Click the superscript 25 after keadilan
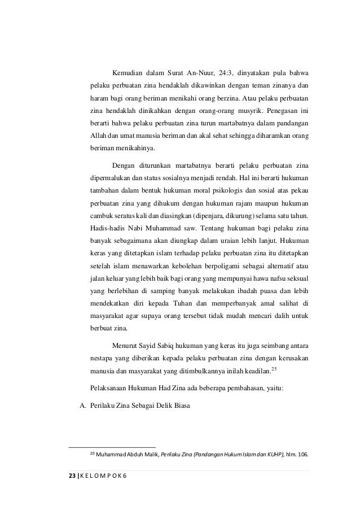pos(274,368)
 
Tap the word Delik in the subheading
pos(168,403)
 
